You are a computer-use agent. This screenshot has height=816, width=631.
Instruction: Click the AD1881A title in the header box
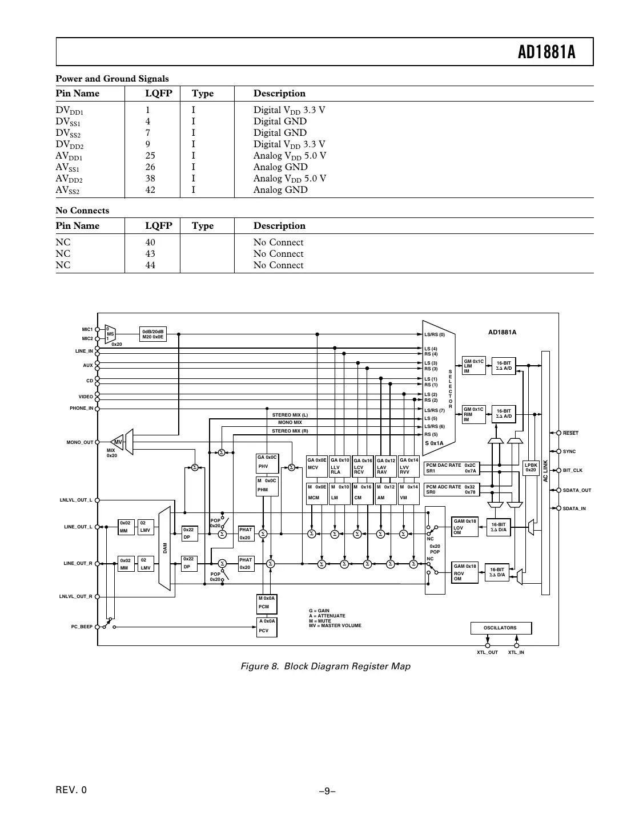tap(546, 52)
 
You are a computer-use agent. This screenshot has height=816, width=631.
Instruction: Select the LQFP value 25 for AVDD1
tap(150, 156)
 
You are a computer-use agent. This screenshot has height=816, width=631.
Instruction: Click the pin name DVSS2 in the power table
tap(68, 133)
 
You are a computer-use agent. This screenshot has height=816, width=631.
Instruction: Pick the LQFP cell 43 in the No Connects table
tap(150, 254)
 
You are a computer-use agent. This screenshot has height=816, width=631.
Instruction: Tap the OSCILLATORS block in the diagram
tap(500, 628)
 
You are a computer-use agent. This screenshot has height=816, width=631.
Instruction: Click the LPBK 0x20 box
tap(531, 467)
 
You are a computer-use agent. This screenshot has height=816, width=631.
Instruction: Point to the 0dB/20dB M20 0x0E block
tap(153, 334)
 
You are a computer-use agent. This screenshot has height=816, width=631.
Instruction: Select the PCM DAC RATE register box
tap(451, 468)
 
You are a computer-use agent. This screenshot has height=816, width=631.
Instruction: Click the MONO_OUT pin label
tap(79, 442)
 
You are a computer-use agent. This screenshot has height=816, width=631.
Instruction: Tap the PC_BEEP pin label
tap(82, 627)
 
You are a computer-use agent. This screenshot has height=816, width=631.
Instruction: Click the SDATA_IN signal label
tap(574, 508)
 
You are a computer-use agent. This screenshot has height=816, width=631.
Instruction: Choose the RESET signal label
tap(570, 433)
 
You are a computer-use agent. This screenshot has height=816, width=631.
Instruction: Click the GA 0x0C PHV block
tap(267, 462)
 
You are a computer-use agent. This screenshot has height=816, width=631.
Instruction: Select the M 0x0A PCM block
tap(267, 603)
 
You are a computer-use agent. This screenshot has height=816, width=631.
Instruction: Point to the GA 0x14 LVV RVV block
tap(409, 466)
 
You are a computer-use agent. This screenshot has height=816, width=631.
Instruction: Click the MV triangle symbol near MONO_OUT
tap(118, 442)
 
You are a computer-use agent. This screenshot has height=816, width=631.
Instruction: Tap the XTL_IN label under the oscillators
tap(516, 652)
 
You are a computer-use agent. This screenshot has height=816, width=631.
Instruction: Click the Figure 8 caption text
tap(325, 666)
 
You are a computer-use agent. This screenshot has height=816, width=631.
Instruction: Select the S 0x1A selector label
tap(434, 443)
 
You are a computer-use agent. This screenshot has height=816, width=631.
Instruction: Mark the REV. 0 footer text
tap(71, 790)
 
